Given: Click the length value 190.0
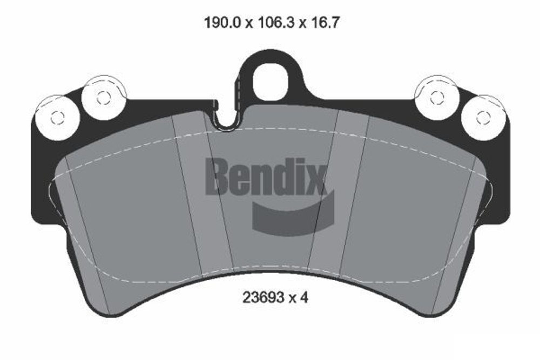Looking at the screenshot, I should click(218, 23).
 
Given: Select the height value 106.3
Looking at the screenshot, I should click(272, 23).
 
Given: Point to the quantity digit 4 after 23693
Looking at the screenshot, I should click(303, 297).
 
